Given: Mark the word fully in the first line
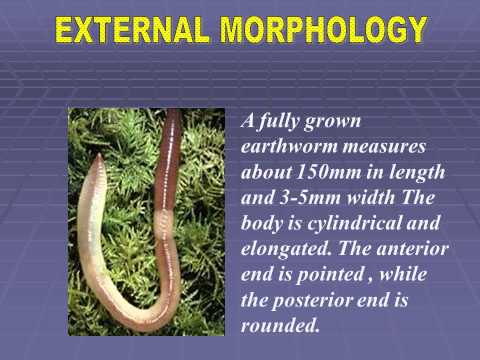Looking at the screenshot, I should pos(290,120).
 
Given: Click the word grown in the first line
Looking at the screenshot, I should pos(352,120).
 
